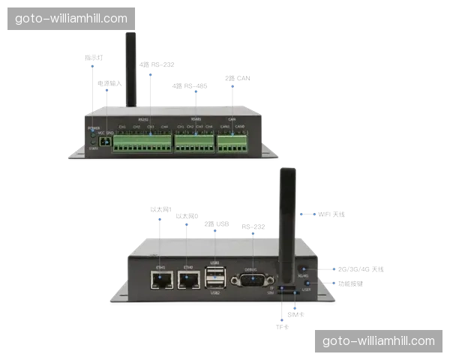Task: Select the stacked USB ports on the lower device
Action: [216, 278]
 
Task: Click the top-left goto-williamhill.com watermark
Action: [72, 18]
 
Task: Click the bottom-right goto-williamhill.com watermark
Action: [378, 341]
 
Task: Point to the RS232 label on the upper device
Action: [142, 119]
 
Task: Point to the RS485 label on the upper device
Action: [196, 119]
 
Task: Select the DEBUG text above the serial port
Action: [251, 268]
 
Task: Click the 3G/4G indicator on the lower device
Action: [302, 268]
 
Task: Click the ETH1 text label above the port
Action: [160, 267]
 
